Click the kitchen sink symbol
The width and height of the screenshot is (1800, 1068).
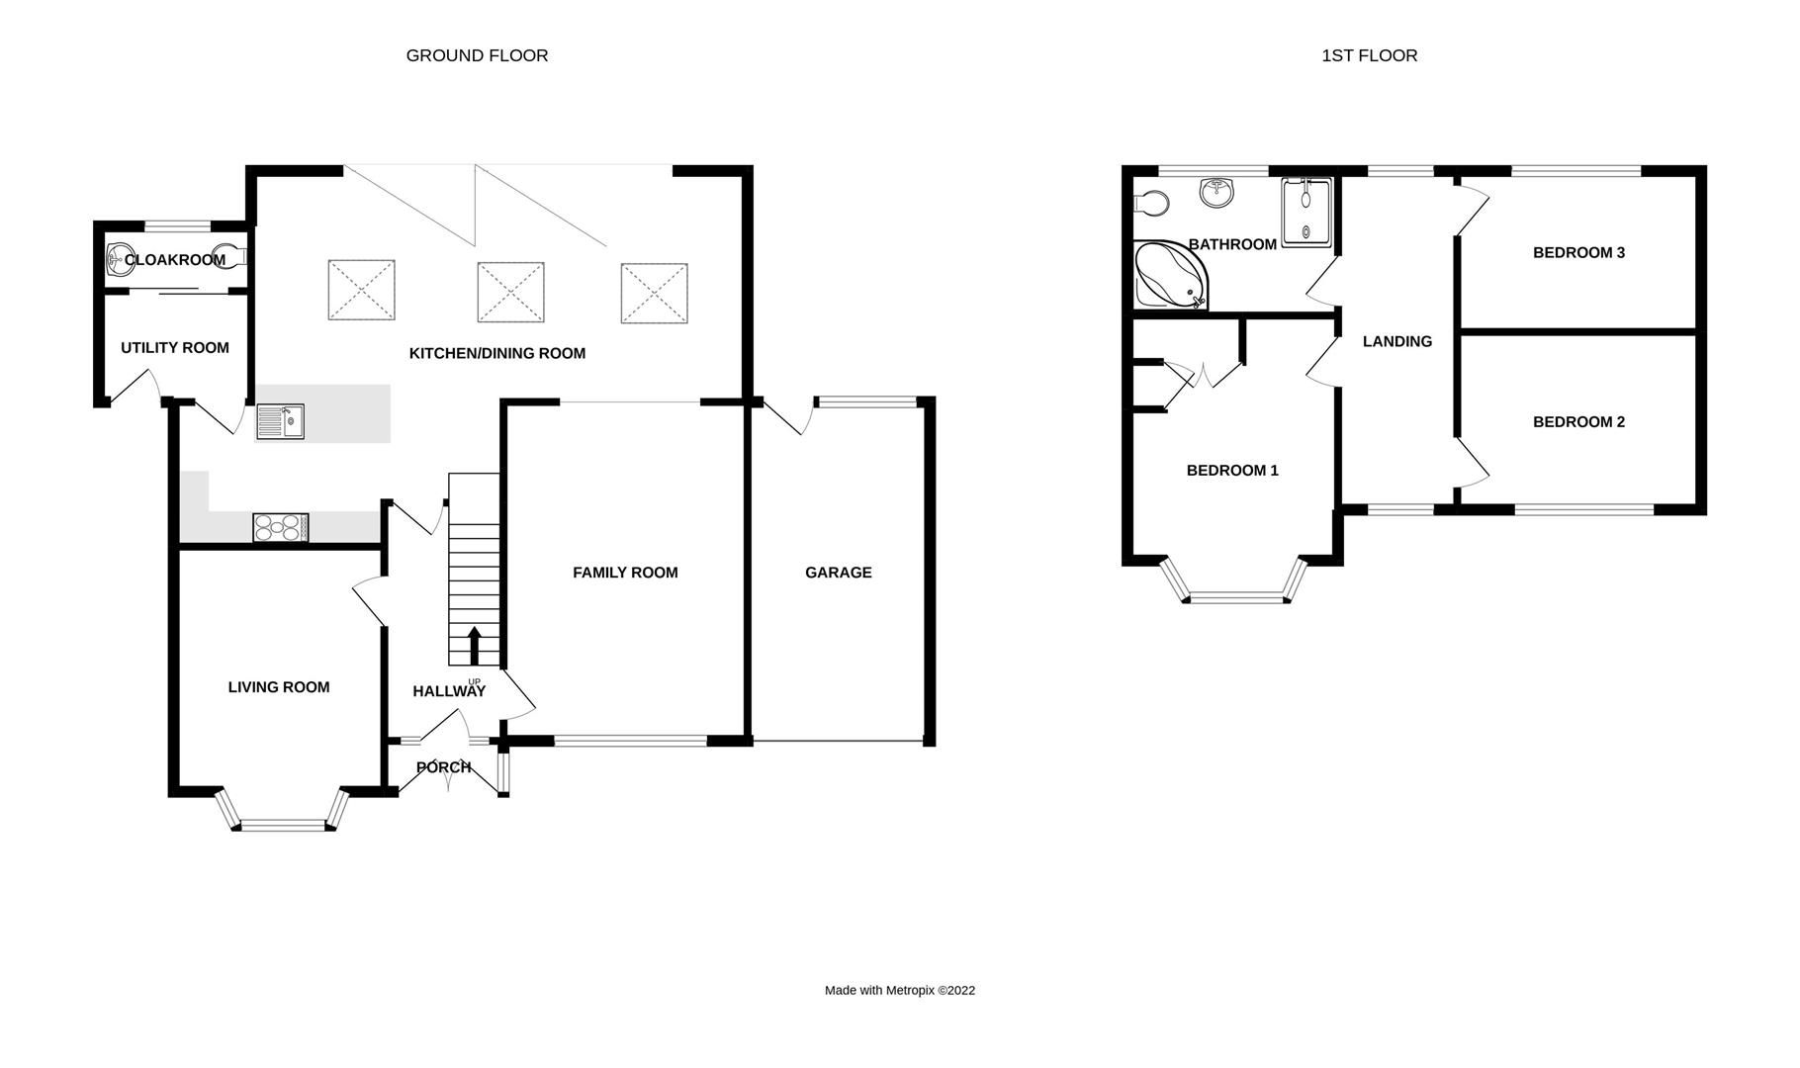tap(281, 421)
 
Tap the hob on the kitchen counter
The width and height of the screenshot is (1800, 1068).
tap(280, 528)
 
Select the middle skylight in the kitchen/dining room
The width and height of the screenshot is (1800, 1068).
tap(510, 292)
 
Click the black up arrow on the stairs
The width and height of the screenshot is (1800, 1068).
tap(474, 645)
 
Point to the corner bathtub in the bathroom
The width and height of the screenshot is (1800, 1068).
tap(1168, 275)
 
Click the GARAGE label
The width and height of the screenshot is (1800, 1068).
tap(838, 573)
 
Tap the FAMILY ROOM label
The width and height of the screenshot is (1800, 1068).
tap(625, 573)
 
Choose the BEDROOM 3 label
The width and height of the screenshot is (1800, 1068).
tap(1578, 253)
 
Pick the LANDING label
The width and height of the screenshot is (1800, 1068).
tap(1396, 342)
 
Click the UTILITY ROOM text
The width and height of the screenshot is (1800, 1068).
tap(175, 348)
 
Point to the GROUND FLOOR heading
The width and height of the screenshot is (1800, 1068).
tap(477, 56)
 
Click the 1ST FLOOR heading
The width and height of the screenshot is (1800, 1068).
tap(1369, 56)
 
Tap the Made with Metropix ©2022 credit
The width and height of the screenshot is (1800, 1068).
tap(899, 990)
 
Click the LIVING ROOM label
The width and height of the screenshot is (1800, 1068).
tap(279, 687)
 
